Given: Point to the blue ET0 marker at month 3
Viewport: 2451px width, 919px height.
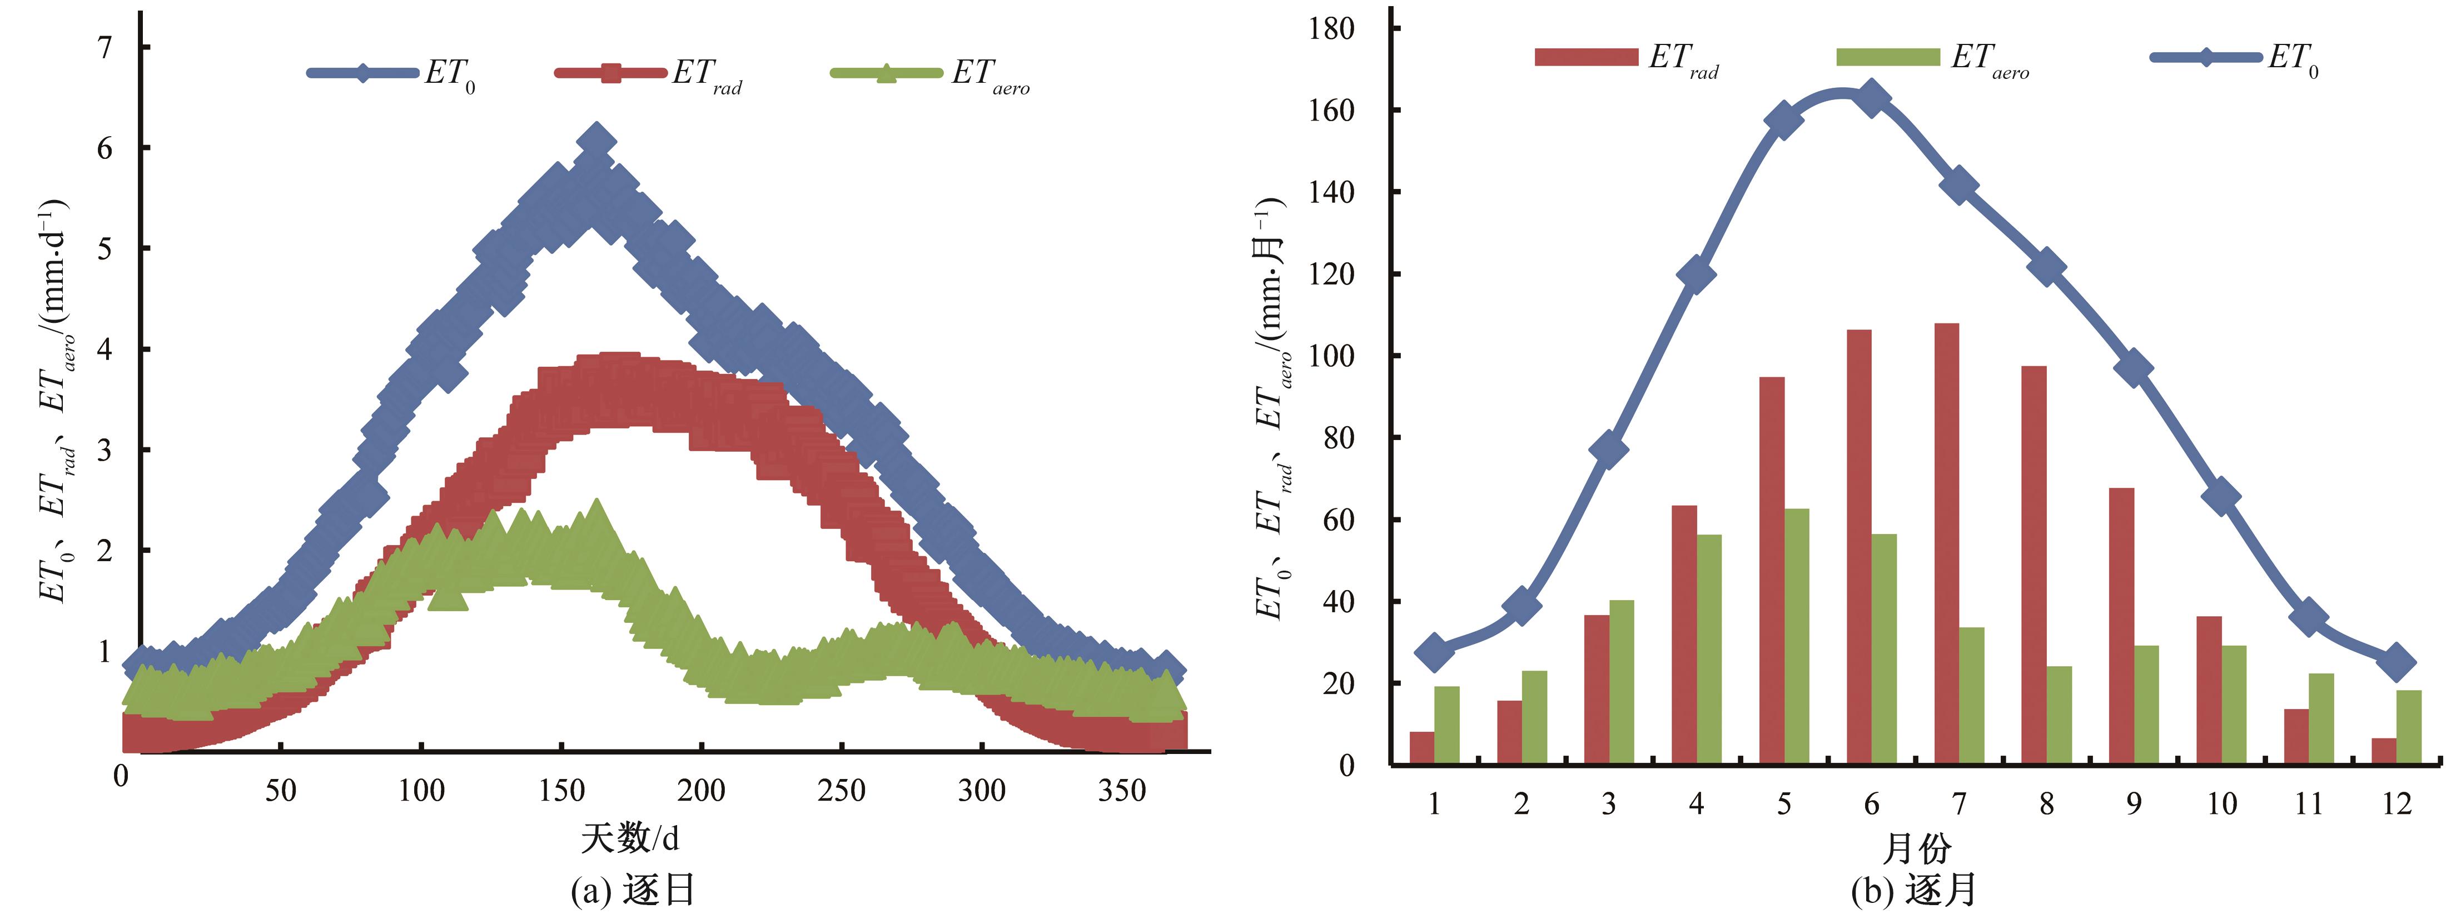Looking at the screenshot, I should [1608, 449].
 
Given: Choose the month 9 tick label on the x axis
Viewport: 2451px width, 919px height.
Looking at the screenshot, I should [2134, 804].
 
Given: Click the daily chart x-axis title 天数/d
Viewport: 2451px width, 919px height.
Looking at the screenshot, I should [630, 838].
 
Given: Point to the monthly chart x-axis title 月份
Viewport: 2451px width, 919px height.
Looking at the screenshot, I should [1916, 848].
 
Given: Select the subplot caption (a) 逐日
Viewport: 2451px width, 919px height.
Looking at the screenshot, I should [633, 891].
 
